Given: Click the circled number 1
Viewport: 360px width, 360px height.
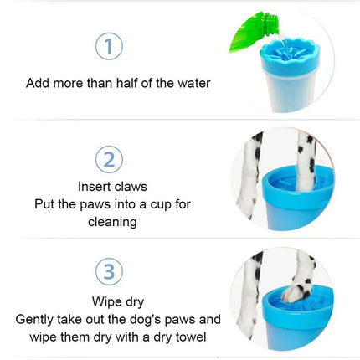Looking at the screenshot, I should (109, 46).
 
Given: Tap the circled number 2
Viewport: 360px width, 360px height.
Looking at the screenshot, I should (109, 158).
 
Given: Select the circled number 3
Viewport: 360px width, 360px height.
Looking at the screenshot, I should (109, 271).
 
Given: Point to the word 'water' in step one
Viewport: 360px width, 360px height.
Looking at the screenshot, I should (192, 83).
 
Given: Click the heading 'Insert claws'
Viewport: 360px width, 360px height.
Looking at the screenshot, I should (112, 186).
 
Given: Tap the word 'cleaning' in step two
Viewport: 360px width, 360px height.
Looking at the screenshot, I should (112, 222).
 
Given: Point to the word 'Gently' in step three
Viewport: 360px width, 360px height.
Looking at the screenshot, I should (36, 320).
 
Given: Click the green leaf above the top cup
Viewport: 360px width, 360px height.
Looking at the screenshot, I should (253, 32).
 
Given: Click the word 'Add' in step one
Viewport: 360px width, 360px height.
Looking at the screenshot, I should (37, 83).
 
